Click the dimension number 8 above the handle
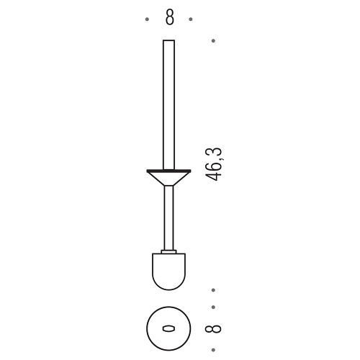[169, 18]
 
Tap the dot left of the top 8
[147, 19]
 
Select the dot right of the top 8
[191, 19]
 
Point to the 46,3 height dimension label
[213, 164]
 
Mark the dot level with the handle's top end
[213, 41]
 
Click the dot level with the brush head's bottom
[213, 290]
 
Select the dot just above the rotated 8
[213, 307]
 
